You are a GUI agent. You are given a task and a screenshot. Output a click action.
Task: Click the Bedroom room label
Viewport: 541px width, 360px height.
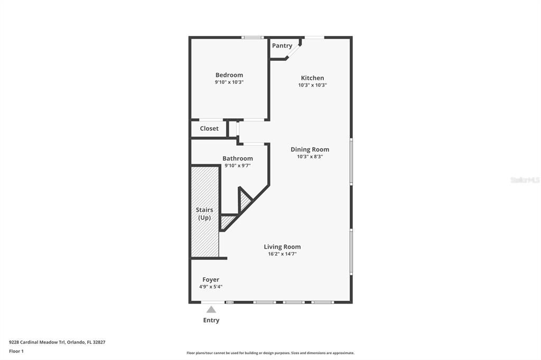pos(229,75)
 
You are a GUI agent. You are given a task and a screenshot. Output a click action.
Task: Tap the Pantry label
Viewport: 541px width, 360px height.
pos(282,46)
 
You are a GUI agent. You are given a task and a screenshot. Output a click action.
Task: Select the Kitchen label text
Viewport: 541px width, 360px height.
pos(312,78)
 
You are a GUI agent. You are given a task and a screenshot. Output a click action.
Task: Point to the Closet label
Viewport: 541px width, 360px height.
pos(209,128)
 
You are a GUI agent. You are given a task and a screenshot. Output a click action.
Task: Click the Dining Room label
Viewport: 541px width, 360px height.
pos(310,149)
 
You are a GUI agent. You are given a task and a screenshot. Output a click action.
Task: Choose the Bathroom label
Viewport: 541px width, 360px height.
pos(237,158)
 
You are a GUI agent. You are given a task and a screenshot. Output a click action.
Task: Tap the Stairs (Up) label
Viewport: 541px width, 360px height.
pos(204,214)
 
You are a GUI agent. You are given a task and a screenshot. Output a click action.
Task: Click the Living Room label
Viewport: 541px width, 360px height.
pos(282,247)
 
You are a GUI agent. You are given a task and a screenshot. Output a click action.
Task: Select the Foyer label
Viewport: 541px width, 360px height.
pos(211,280)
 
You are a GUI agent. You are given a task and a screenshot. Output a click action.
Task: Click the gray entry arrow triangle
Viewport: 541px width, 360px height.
pos(211,310)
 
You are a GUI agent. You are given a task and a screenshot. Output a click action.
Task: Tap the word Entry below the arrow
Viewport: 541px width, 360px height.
pos(211,320)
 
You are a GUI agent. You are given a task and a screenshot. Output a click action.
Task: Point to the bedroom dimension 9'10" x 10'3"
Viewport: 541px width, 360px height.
pos(229,82)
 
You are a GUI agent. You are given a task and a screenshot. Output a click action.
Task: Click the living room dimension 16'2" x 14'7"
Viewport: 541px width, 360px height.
pos(282,254)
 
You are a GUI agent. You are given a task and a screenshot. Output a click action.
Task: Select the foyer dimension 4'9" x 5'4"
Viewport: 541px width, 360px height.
pos(211,287)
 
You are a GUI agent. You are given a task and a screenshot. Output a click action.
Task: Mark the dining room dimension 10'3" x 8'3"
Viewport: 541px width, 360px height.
pos(310,157)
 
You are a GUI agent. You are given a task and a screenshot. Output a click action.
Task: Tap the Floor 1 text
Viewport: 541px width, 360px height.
pos(16,351)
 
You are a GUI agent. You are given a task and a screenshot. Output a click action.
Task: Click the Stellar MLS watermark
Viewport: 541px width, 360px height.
pos(525,180)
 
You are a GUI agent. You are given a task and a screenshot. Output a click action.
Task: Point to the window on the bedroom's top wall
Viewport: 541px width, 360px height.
pos(253,37)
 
